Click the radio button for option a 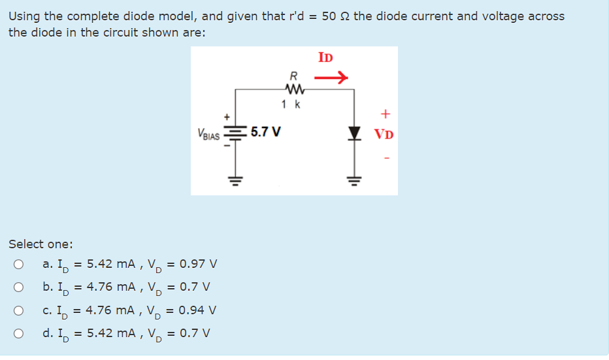click(19, 265)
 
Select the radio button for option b click(19, 287)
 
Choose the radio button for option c click(19, 310)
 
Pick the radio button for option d click(19, 333)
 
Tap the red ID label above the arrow click(325, 57)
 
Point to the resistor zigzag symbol click(292, 89)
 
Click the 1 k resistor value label click(291, 105)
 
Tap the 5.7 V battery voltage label click(266, 132)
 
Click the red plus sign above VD click(385, 114)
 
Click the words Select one click(41, 244)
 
